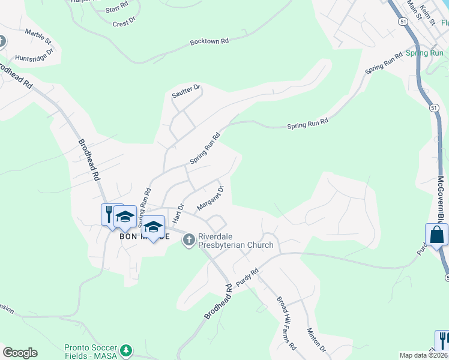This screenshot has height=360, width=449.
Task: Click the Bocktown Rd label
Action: point(209,41)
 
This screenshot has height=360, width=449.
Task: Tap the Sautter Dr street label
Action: point(185,90)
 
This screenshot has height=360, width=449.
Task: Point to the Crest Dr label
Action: point(124,23)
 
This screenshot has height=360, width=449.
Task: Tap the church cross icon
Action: point(188,240)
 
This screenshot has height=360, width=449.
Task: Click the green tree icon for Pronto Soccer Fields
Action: point(125,350)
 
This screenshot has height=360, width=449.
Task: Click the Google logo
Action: point(20,353)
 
